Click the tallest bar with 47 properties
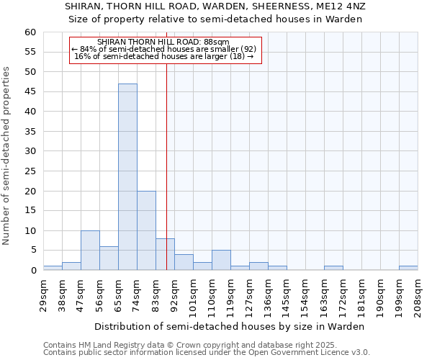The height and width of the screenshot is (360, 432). pyautogui.click(x=127, y=176)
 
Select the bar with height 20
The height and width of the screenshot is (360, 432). pyautogui.click(x=146, y=230)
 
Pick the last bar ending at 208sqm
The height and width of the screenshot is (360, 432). pyautogui.click(x=408, y=268)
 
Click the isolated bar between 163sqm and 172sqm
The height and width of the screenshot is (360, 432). pyautogui.click(x=333, y=268)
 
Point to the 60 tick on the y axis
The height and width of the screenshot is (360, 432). pyautogui.click(x=30, y=32)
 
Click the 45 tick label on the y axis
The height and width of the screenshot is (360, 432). pyautogui.click(x=30, y=92)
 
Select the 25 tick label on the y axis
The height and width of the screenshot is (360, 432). pyautogui.click(x=30, y=171)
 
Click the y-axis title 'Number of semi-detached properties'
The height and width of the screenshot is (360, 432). pyautogui.click(x=6, y=156)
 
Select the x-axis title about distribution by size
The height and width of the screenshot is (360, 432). pyautogui.click(x=230, y=326)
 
